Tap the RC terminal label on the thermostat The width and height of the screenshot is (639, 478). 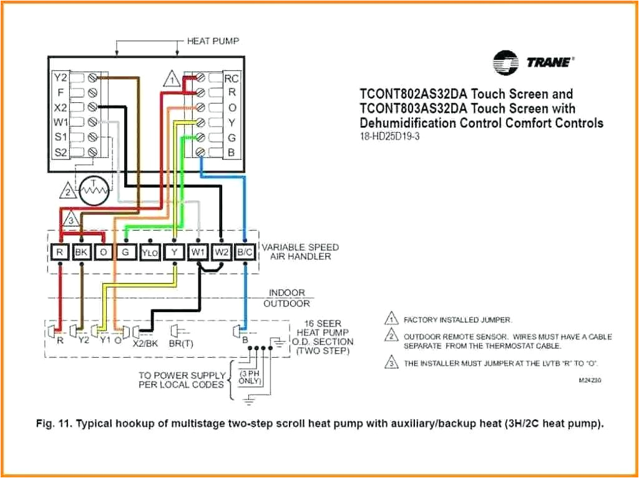232,79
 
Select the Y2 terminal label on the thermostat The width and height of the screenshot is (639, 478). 60,78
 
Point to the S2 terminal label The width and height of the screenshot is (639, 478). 60,151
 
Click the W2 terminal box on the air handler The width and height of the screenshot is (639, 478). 222,252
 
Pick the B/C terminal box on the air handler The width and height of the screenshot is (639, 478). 245,252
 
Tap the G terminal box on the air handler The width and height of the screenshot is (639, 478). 125,252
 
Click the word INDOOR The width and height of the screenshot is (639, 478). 287,293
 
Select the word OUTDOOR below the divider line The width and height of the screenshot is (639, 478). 286,304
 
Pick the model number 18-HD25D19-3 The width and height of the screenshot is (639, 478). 390,136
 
